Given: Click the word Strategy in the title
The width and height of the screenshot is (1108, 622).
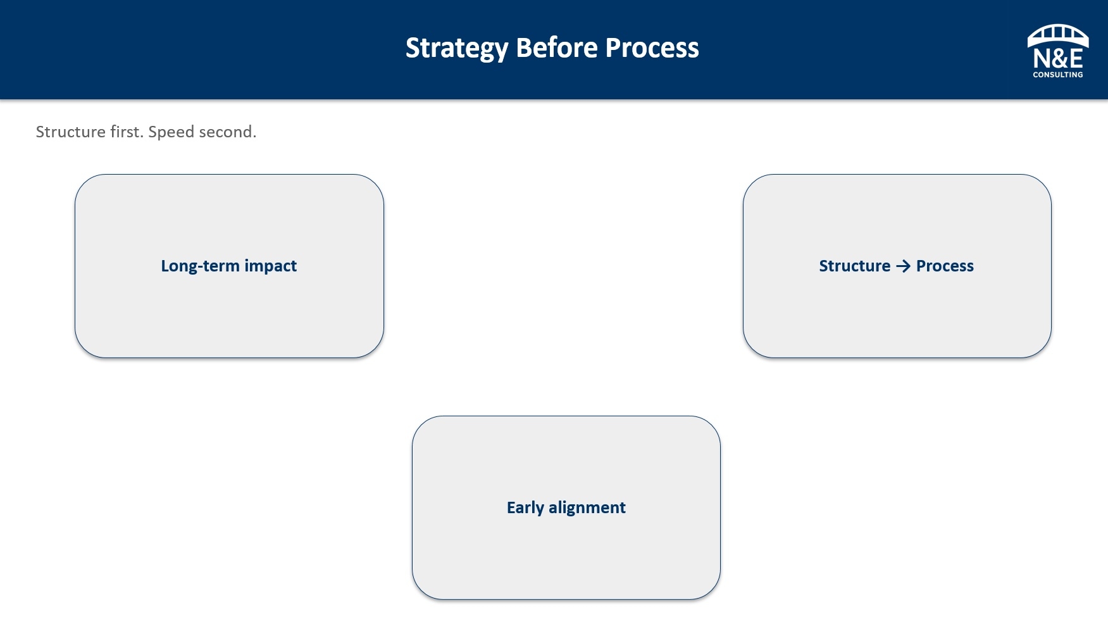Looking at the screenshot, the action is pos(457,49).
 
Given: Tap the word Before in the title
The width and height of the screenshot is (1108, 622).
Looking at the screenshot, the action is pos(557,47).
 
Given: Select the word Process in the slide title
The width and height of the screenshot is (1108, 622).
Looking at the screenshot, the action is pos(652,47).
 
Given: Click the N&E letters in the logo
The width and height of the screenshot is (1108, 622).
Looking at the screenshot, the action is pos(1058,59).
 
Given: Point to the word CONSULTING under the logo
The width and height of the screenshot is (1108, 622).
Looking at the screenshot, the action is pos(1058,75).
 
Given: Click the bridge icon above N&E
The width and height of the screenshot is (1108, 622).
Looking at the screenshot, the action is pos(1058,35).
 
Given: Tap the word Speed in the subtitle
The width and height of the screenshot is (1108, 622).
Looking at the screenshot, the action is pos(171,132).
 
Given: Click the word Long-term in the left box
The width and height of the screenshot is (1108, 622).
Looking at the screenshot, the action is pos(200,266).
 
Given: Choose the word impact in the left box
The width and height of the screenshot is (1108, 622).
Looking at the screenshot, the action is pos(271,266).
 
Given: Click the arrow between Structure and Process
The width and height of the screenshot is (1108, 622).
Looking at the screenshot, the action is pos(904,266).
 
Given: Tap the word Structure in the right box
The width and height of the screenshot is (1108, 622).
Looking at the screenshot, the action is pos(855,266).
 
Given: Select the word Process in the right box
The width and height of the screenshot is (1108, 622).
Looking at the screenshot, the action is pos(945,266).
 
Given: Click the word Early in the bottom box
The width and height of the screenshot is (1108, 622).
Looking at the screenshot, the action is pos(525,508).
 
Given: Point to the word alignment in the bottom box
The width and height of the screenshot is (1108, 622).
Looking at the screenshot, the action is pos(587,508).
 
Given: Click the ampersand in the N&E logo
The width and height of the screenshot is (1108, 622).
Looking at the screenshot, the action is pos(1058,59).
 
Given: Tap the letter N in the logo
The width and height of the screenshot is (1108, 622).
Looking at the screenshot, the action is pos(1042,59).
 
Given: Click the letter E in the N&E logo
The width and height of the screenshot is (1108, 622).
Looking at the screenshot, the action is pos(1075,59).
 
